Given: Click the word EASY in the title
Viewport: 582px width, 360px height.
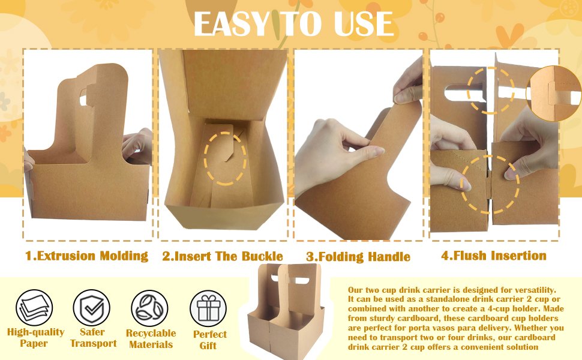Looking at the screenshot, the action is (231, 24).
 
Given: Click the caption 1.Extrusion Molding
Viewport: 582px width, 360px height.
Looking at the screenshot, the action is (87, 256).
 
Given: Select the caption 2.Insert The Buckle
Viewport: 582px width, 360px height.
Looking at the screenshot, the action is (223, 256).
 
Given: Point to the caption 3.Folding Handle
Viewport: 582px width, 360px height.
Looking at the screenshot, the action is (358, 256).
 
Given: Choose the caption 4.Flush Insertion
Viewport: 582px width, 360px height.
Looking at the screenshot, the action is (494, 256).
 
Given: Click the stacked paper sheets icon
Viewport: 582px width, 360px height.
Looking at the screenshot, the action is (34, 308).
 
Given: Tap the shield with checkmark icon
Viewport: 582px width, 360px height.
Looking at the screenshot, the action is (92, 308).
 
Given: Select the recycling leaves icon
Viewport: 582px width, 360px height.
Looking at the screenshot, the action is (149, 308).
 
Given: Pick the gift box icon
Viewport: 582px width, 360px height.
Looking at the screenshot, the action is (208, 308).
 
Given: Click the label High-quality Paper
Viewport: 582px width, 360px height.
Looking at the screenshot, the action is (35, 338).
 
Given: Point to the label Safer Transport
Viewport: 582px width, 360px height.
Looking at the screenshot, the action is (93, 338).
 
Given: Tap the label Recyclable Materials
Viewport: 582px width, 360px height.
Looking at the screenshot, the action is (151, 339).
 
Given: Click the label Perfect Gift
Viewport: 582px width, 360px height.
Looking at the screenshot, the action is (209, 340).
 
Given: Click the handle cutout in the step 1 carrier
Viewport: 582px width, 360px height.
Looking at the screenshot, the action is (84, 97).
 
